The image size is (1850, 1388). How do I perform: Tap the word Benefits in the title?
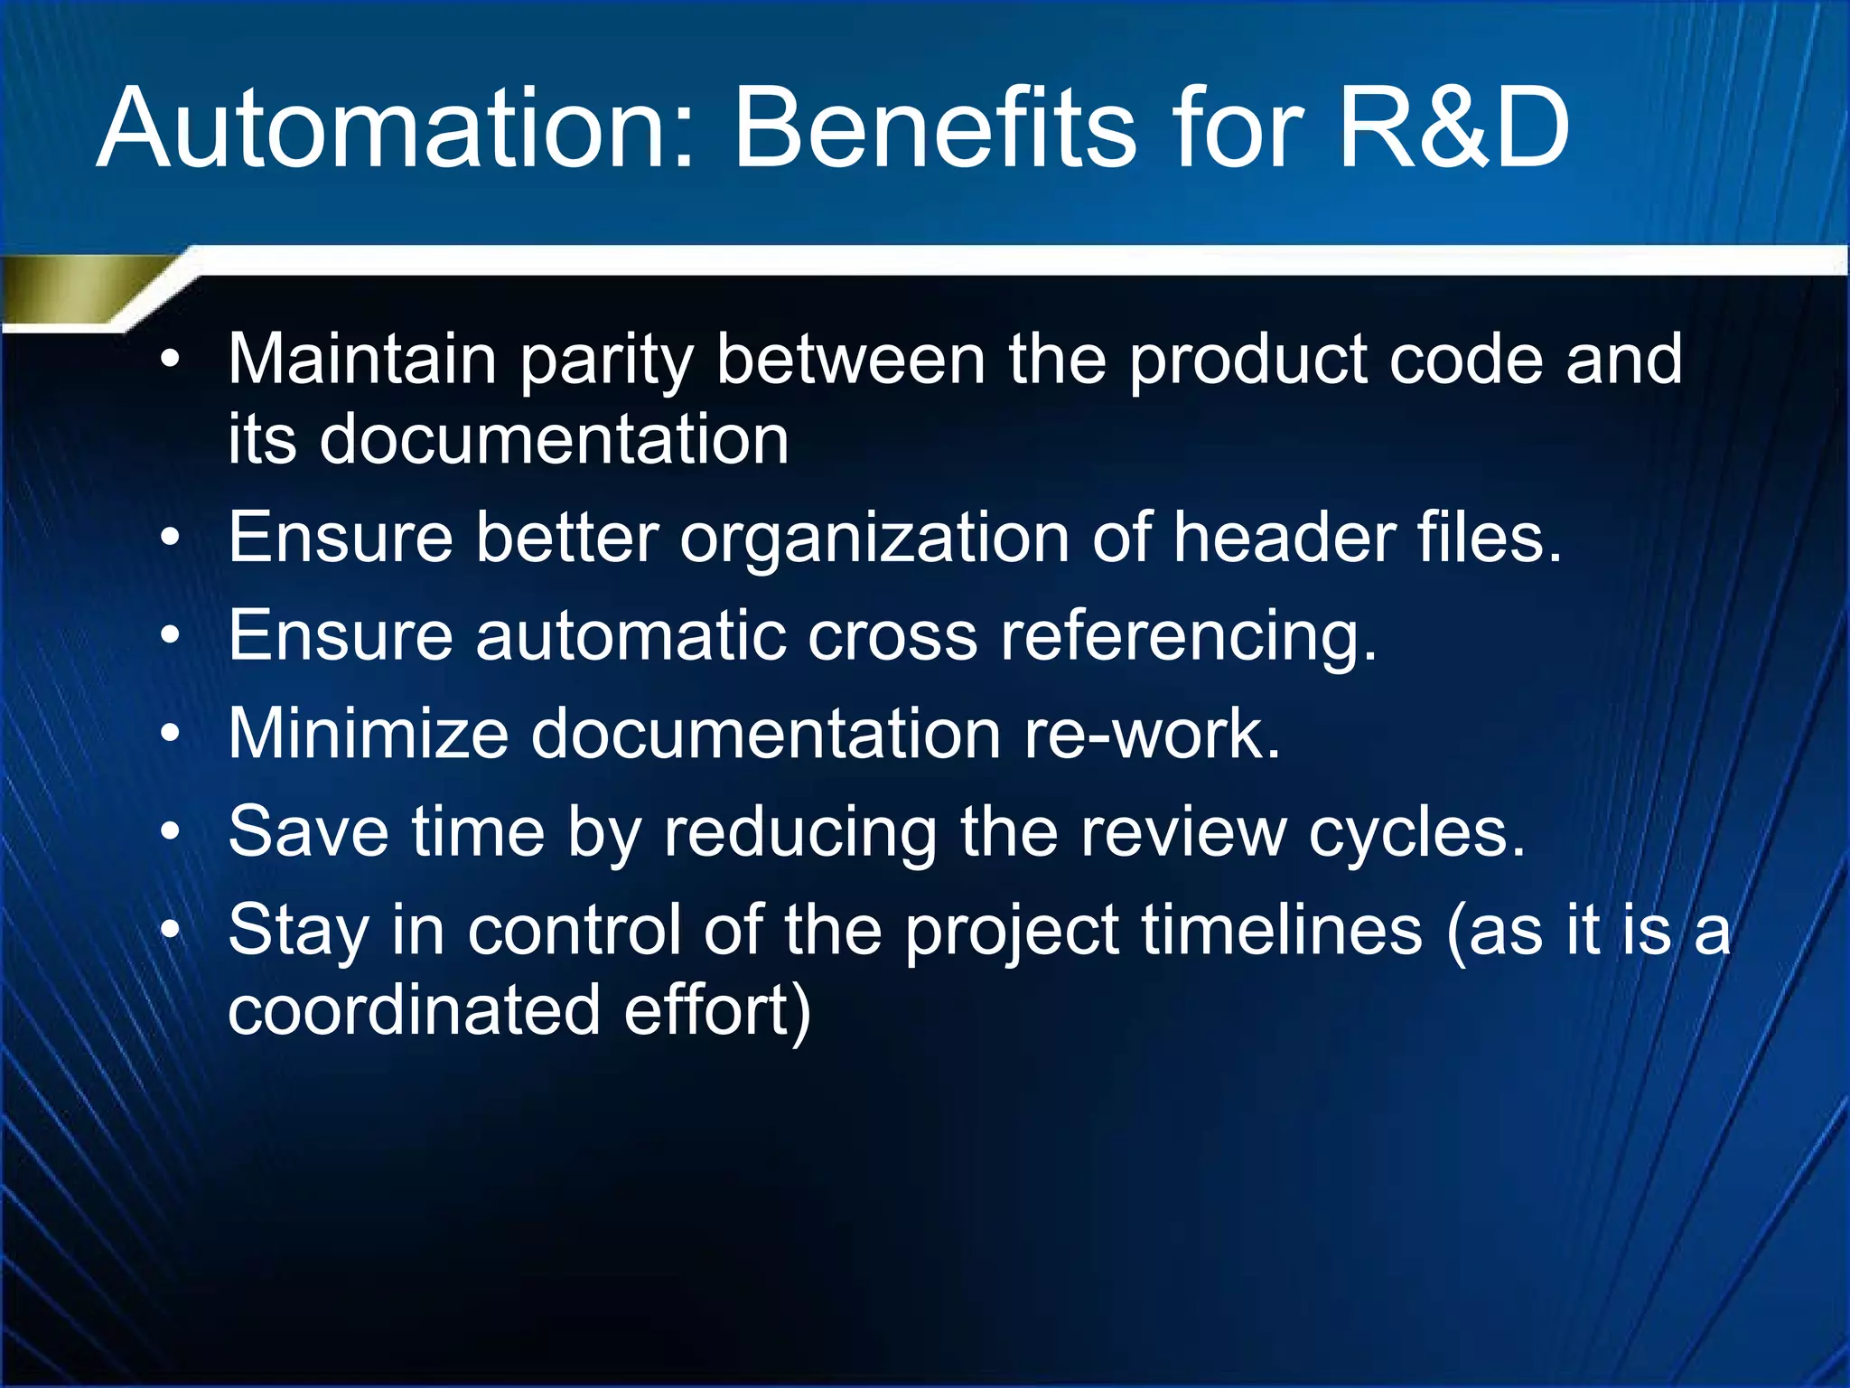pos(934,129)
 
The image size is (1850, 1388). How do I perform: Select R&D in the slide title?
pos(1453,129)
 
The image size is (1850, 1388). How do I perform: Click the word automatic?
pos(631,635)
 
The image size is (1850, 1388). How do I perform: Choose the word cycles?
pos(1416,832)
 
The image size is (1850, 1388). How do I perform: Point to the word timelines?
pos(1282,930)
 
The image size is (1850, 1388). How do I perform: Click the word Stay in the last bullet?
pos(298,932)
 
